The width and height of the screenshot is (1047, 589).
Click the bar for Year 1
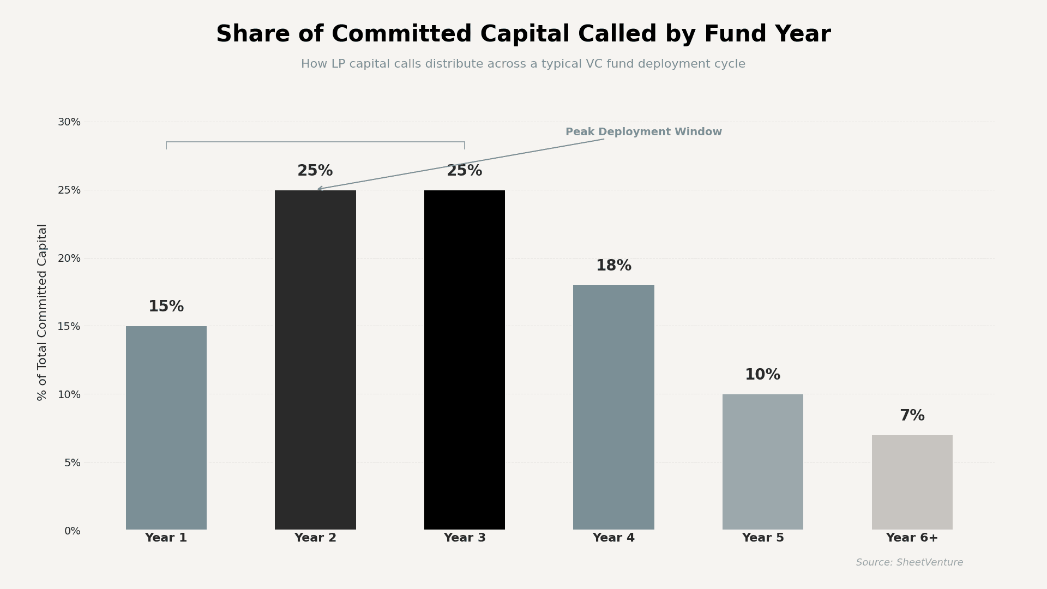click(166, 428)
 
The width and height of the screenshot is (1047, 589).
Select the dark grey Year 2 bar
click(315, 360)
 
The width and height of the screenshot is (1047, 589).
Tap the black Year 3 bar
click(465, 360)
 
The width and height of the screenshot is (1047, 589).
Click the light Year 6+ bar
click(912, 482)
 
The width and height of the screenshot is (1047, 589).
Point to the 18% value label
click(613, 266)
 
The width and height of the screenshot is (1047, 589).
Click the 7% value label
click(912, 416)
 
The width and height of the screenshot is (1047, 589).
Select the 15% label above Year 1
click(166, 307)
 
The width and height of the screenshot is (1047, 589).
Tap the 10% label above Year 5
click(762, 375)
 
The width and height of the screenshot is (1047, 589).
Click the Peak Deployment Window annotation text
click(643, 132)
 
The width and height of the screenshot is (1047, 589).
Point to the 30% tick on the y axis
click(69, 122)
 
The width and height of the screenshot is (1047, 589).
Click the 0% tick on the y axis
click(72, 531)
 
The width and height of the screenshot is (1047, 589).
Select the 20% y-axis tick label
click(69, 259)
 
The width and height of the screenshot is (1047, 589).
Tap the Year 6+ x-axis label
click(912, 538)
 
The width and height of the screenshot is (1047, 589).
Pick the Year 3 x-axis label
click(465, 538)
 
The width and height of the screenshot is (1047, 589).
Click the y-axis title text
click(43, 312)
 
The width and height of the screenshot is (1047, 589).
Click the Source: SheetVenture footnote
click(909, 563)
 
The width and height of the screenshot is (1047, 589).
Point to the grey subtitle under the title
click(523, 64)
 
